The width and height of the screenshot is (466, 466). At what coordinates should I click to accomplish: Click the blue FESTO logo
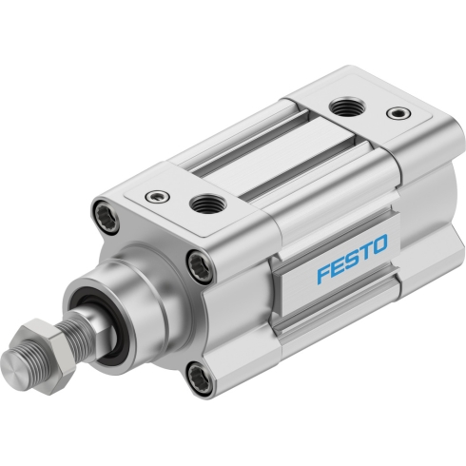pyautogui.click(x=353, y=259)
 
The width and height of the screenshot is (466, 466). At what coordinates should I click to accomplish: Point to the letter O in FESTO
pyautogui.click(x=379, y=244)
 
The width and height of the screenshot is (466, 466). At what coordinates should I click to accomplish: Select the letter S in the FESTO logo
pyautogui.click(x=352, y=259)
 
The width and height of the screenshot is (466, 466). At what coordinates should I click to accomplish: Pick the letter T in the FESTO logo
pyautogui.click(x=364, y=252)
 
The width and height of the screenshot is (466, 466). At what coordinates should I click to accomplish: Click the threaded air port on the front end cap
pyautogui.click(x=207, y=204)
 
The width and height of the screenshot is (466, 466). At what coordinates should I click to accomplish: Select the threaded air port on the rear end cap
pyautogui.click(x=347, y=107)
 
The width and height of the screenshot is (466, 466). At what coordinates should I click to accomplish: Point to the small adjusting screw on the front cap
pyautogui.click(x=157, y=197)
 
